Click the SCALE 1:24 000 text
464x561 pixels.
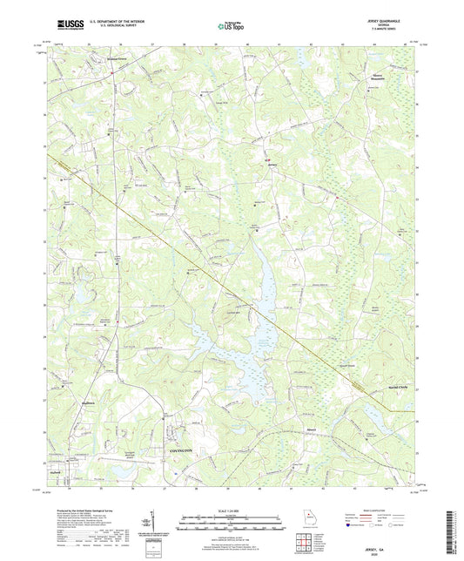(232, 510)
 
